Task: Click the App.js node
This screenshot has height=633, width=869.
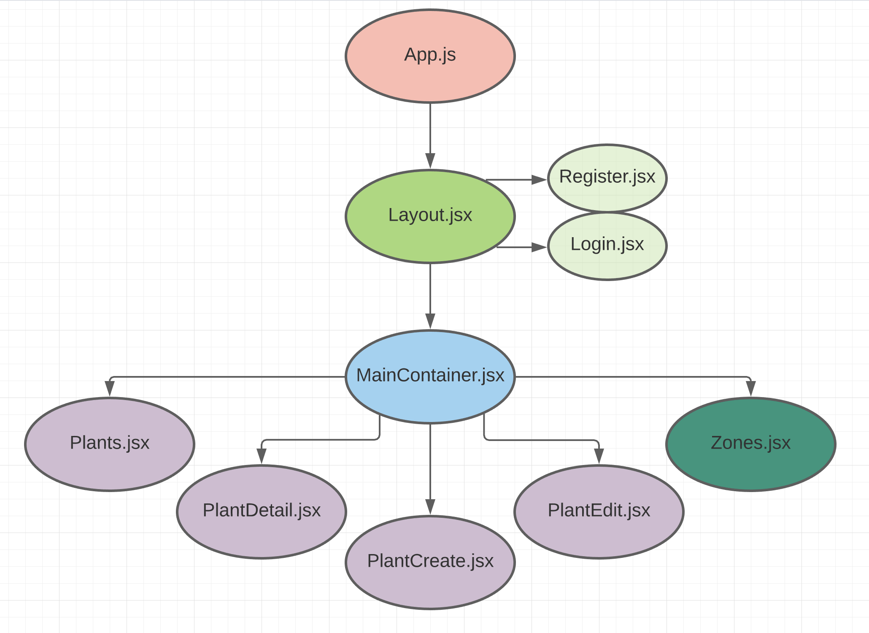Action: point(430,56)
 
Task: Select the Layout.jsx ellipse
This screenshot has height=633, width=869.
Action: point(430,216)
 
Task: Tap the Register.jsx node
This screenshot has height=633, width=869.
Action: point(607,178)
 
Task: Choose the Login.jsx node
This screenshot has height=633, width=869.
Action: point(607,246)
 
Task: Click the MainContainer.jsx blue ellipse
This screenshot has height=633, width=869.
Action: point(430,376)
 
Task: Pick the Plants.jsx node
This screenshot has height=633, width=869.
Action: point(110,444)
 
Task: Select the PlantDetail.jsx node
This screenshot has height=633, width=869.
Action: point(262,511)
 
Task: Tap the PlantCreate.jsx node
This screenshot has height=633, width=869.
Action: point(430,562)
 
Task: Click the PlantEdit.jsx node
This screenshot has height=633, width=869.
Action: point(599,511)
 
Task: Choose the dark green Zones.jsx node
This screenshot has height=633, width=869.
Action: point(750,444)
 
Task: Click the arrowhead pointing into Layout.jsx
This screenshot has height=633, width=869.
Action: point(430,161)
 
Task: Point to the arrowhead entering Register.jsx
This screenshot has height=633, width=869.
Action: point(539,180)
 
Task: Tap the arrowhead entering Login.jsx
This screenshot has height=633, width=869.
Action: point(539,247)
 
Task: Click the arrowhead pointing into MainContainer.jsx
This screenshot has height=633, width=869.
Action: point(430,322)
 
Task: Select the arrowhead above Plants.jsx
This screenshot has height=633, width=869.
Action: point(110,389)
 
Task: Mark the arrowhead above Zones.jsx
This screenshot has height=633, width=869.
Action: point(750,389)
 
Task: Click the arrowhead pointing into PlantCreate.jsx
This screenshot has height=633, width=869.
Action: point(430,507)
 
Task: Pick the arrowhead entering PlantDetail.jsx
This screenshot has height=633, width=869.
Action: point(262,456)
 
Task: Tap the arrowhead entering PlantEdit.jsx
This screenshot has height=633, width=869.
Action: point(599,456)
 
